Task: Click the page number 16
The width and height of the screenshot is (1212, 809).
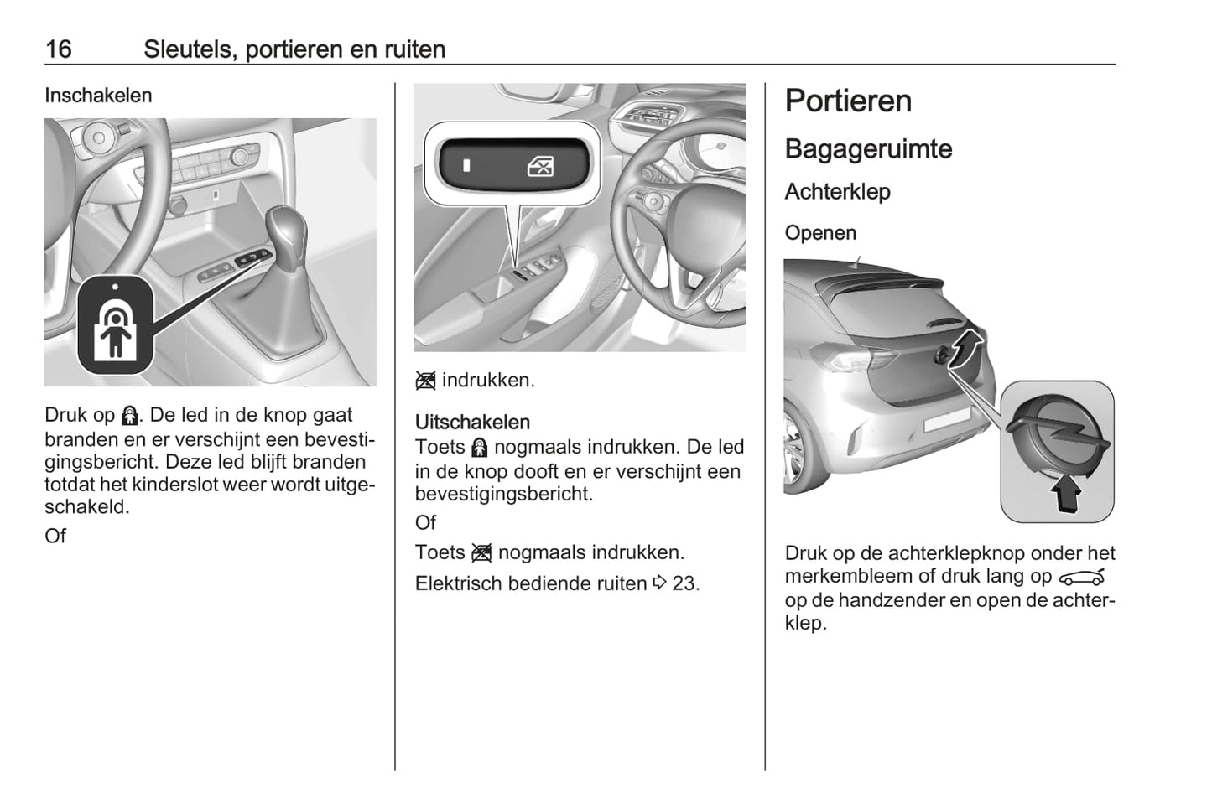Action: [x=59, y=49]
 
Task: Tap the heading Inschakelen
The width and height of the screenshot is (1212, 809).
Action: [x=98, y=96]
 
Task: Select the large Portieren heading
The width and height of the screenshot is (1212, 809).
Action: [x=848, y=101]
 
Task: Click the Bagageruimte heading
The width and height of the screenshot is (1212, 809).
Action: [x=868, y=149]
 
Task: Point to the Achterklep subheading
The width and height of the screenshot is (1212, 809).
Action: [x=838, y=192]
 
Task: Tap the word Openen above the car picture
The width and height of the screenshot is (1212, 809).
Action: [x=820, y=233]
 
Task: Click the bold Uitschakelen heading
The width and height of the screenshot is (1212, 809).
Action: [x=472, y=422]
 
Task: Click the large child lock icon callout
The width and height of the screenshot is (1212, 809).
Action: [x=115, y=325]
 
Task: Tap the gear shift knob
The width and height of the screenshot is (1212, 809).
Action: [x=286, y=232]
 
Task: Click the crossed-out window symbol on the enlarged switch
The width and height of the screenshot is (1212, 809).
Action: [x=540, y=167]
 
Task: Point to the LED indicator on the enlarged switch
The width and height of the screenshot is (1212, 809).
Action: [x=466, y=165]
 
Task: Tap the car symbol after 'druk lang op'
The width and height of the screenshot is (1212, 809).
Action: [x=1082, y=578]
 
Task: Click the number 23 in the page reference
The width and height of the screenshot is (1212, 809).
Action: [x=684, y=583]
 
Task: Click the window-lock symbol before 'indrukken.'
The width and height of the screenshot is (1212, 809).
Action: [x=425, y=381]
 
